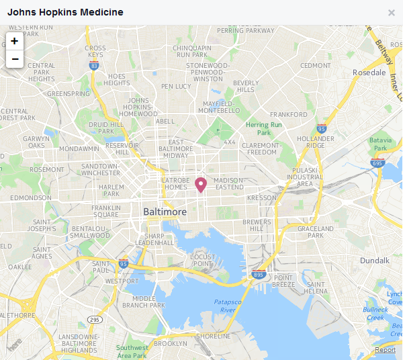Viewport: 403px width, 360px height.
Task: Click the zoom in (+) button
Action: point(14,41)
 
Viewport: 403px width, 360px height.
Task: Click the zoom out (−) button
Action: point(14,59)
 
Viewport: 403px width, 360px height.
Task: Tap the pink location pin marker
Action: point(200,185)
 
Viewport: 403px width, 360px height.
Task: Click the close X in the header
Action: point(392,12)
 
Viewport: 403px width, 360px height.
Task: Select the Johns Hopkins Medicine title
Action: point(65,12)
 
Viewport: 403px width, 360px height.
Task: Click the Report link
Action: point(385,350)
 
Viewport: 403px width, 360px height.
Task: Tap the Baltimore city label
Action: point(165,212)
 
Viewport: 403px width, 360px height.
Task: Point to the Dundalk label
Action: point(375,260)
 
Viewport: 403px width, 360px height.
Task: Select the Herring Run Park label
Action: point(263,128)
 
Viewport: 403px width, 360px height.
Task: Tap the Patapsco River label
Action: point(228,306)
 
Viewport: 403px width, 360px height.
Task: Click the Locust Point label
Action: point(202,261)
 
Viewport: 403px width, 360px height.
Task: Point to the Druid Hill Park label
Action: point(102,128)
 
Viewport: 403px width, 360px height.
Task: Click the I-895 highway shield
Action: point(259,274)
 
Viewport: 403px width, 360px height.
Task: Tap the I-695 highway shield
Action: point(377,163)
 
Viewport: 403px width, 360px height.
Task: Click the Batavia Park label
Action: point(380,144)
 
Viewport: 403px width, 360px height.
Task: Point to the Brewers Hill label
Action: point(257,226)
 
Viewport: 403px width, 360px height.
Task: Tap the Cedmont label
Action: point(316,66)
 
